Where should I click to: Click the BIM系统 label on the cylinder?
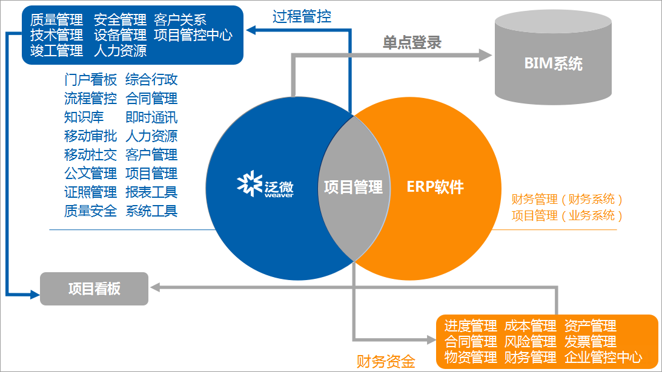click(x=553, y=64)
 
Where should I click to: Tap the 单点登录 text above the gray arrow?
click(x=412, y=42)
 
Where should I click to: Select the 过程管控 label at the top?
click(x=302, y=16)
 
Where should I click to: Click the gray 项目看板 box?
click(x=94, y=289)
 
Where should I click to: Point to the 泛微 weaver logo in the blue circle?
click(x=265, y=186)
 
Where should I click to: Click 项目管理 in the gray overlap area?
click(x=353, y=187)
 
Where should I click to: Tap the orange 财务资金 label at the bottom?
click(x=386, y=362)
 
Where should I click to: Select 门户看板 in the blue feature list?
click(x=90, y=80)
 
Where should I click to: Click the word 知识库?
click(x=84, y=117)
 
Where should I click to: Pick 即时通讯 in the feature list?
click(x=151, y=117)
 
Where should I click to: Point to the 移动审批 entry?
click(x=90, y=136)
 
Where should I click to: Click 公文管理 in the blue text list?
click(x=90, y=174)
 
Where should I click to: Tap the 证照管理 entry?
click(x=90, y=192)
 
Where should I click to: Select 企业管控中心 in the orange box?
click(x=603, y=357)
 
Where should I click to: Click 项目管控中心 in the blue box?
click(x=193, y=35)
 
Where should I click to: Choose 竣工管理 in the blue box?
click(x=56, y=51)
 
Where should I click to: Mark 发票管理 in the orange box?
click(x=590, y=342)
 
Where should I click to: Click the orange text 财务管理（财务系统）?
click(x=567, y=199)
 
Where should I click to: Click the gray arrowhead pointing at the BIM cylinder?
click(x=486, y=55)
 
